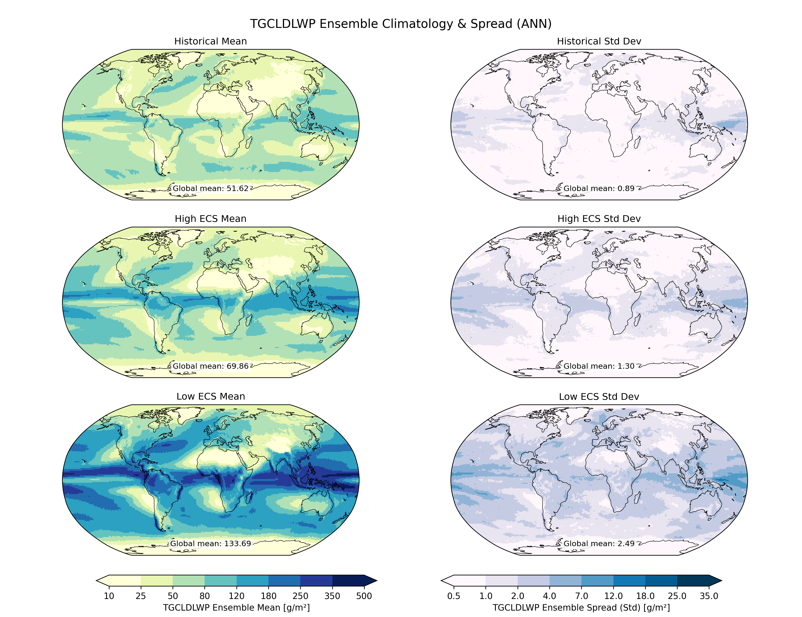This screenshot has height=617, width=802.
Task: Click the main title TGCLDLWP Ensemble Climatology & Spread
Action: click(401, 24)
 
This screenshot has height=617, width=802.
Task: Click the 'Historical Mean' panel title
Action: click(210, 41)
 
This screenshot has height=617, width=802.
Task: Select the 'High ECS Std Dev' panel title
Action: click(599, 219)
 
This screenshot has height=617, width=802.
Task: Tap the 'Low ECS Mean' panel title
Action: click(210, 396)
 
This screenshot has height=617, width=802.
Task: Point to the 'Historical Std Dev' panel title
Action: click(599, 41)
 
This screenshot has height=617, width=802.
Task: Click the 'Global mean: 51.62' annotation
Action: click(211, 188)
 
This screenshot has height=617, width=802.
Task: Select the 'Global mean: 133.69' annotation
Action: click(211, 543)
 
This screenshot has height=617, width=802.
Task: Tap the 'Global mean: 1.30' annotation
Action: click(599, 366)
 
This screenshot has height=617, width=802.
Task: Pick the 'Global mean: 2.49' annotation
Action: click(599, 543)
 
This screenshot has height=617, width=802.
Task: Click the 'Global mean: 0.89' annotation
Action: click(599, 188)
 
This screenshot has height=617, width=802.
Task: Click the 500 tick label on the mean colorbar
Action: click(364, 596)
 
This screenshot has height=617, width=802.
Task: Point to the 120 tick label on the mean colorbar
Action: click(236, 596)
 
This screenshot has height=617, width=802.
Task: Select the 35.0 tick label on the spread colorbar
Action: click(709, 596)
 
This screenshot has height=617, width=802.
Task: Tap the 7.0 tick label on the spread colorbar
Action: click(581, 596)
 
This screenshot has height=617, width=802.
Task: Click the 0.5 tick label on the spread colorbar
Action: click(454, 596)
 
